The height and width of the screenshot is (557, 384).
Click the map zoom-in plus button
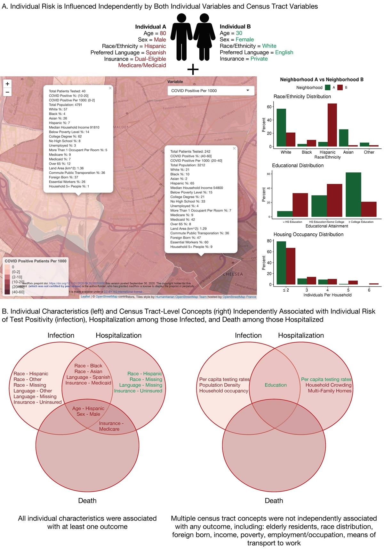click(x=7, y=84)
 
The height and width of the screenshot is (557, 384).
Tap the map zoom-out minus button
click(x=7, y=92)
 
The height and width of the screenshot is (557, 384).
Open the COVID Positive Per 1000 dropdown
click(x=211, y=91)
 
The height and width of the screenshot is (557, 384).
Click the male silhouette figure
click(x=181, y=37)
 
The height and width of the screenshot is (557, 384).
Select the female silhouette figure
click(x=204, y=37)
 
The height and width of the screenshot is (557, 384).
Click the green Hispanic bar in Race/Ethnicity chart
click(x=323, y=144)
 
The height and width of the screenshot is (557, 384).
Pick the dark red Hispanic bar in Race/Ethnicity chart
click(x=332, y=125)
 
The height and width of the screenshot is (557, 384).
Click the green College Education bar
click(x=353, y=195)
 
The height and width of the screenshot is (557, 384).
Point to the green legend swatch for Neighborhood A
click(x=328, y=87)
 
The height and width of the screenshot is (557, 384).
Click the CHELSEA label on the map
click(x=233, y=274)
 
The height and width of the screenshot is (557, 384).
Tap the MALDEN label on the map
click(x=121, y=127)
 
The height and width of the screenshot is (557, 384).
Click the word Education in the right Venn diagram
click(x=276, y=385)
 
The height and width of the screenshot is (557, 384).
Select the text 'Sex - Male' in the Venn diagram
click(x=88, y=414)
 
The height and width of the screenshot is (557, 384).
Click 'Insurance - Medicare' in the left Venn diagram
click(x=110, y=426)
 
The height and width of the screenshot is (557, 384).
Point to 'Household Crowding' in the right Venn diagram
click(x=328, y=385)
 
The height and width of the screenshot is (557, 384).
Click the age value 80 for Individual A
click(x=163, y=33)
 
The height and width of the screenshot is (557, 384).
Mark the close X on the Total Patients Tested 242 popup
click(x=234, y=148)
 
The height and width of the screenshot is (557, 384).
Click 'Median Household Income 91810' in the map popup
click(x=74, y=127)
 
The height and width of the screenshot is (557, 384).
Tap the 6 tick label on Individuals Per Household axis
click(x=369, y=290)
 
